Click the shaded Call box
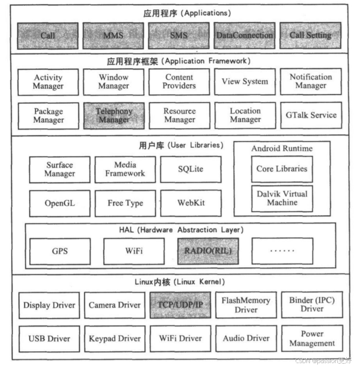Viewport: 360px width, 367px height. point(48,35)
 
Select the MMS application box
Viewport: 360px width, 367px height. point(113,35)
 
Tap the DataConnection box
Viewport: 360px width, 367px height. point(245,35)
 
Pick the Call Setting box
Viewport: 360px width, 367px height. point(310,35)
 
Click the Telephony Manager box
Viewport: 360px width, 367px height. point(113,115)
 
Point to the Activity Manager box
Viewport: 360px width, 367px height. point(48,82)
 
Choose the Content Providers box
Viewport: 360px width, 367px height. point(179,82)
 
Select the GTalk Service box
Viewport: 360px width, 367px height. point(311,115)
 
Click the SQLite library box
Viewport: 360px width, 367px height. point(191,169)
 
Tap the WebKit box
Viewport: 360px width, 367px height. point(191,203)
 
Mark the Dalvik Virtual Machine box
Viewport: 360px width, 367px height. point(282,198)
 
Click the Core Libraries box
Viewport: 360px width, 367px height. point(282,169)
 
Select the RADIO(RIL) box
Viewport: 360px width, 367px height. point(208,251)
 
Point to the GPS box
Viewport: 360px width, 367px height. point(60,251)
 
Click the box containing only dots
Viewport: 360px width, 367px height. point(282,251)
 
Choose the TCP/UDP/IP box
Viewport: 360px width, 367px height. point(180,305)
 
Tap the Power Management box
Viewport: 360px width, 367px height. point(312,339)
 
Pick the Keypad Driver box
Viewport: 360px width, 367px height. point(115,339)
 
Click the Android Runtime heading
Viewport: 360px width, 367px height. point(282,148)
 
